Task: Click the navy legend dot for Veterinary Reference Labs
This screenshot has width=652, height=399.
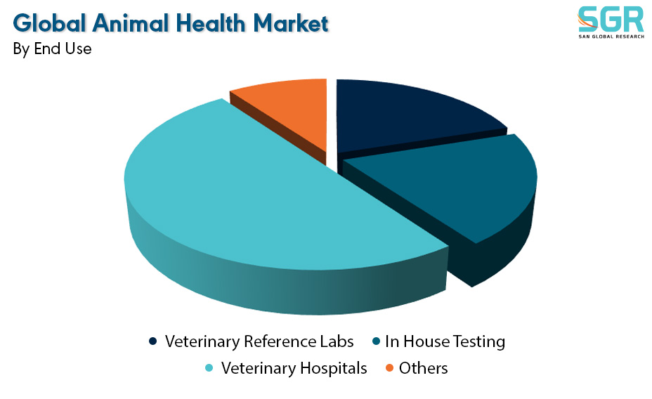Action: click(x=153, y=341)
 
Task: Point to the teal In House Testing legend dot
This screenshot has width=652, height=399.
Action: click(x=376, y=341)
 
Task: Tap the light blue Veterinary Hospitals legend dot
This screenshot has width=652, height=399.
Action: click(x=209, y=368)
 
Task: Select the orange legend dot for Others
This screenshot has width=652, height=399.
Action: click(x=390, y=368)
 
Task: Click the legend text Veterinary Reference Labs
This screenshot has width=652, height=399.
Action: click(x=259, y=341)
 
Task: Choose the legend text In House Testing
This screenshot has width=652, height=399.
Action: click(x=445, y=341)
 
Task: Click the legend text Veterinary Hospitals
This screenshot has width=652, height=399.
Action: click(x=294, y=368)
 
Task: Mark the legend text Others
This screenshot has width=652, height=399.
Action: click(x=423, y=368)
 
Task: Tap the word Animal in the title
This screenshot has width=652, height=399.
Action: click(x=131, y=23)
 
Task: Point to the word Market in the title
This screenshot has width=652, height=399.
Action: click(x=291, y=23)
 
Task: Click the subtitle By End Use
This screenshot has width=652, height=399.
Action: click(x=53, y=48)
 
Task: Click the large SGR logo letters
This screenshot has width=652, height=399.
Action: click(x=611, y=19)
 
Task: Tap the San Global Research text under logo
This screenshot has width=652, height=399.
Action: click(x=611, y=37)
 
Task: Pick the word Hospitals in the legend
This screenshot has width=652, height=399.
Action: click(x=334, y=368)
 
